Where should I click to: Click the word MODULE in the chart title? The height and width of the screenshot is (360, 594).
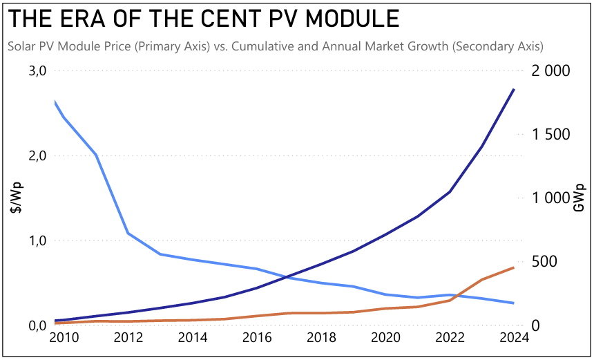[349, 19]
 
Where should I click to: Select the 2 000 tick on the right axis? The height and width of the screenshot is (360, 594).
[550, 71]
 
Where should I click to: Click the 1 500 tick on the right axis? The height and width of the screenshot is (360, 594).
[550, 135]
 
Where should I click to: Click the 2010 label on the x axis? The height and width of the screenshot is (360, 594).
[64, 338]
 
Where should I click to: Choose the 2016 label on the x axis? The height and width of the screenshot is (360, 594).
[257, 338]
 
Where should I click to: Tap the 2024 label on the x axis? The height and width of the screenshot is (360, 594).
[513, 338]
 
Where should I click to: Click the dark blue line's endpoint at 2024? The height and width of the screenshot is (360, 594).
[514, 89]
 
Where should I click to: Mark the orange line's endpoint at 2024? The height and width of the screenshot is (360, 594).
[514, 267]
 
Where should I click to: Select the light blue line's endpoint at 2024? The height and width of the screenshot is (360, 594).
[514, 303]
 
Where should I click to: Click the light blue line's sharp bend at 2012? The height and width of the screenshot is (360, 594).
[128, 234]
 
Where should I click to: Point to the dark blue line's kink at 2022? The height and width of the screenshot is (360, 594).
[450, 192]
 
